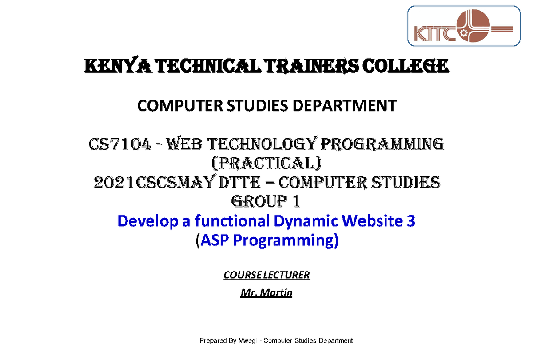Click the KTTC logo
[464, 27]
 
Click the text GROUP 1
[266, 202]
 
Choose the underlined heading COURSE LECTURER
[266, 275]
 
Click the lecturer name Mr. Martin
[266, 293]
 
